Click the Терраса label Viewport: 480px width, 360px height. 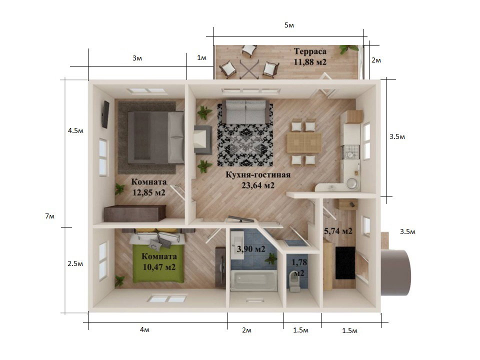pyautogui.click(x=310, y=51)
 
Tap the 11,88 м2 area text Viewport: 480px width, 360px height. pyautogui.click(x=310, y=62)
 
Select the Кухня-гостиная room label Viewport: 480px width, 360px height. pyautogui.click(x=258, y=175)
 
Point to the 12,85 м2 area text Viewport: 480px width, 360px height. pyautogui.click(x=149, y=192)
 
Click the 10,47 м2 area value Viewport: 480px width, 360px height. pyautogui.click(x=159, y=267)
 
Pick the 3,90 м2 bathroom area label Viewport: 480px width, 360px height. pyautogui.click(x=250, y=249)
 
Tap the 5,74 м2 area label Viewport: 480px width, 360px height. pyautogui.click(x=338, y=231)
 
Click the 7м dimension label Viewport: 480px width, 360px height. pyautogui.click(x=50, y=216)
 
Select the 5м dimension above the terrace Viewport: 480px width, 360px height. pyautogui.click(x=289, y=25)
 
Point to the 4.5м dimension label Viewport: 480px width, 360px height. pyautogui.click(x=75, y=130)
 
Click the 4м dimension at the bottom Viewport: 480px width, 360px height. pyautogui.click(x=144, y=329)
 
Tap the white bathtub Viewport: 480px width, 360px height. pyautogui.click(x=254, y=280)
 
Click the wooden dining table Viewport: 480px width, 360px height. pyautogui.click(x=304, y=142)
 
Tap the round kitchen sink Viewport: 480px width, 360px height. pyautogui.click(x=352, y=183)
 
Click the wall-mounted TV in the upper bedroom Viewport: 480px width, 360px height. pyautogui.click(x=105, y=114)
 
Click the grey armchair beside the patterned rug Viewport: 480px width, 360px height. pyautogui.click(x=202, y=139)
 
